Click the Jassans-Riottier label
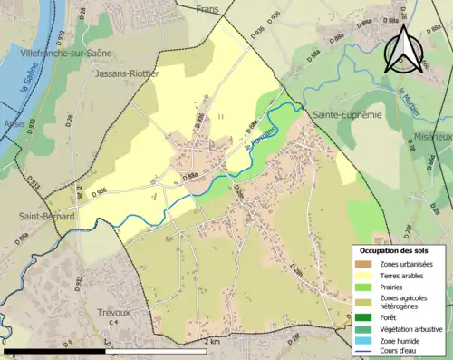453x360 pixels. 126,73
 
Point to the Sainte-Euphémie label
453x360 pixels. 348,116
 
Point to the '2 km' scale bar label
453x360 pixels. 213,342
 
